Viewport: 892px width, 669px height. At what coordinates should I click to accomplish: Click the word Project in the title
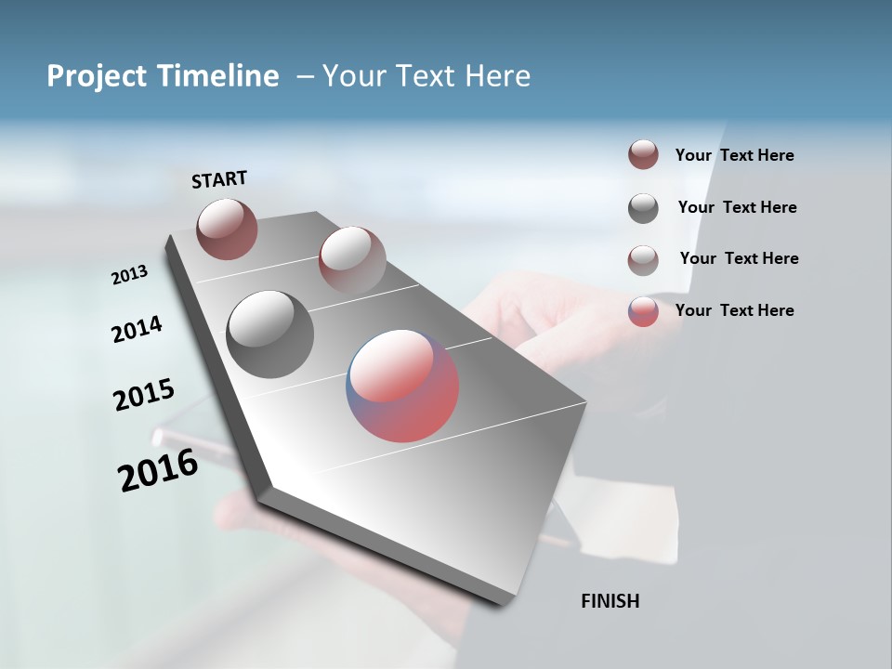[x=96, y=76]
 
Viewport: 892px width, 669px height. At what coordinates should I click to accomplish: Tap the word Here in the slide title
[x=497, y=76]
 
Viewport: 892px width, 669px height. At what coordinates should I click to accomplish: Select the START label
[x=219, y=179]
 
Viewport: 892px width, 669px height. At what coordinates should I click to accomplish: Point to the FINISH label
[x=610, y=601]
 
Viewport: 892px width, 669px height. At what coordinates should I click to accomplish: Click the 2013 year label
[x=129, y=275]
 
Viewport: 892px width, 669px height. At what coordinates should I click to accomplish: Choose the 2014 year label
[x=137, y=329]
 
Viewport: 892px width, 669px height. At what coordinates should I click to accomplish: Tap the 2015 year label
[x=143, y=395]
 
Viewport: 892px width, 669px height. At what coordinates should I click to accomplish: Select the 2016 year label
[x=157, y=470]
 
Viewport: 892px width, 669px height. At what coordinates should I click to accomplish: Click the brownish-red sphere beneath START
[x=227, y=229]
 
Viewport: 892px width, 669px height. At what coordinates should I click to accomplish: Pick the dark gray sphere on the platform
[x=270, y=334]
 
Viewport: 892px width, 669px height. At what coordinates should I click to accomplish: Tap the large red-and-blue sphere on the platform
[x=402, y=386]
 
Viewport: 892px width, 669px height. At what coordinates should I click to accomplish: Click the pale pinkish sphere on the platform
[x=352, y=260]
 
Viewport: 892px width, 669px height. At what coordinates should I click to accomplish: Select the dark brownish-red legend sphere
[x=643, y=155]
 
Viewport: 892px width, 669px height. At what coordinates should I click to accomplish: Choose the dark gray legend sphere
[x=643, y=208]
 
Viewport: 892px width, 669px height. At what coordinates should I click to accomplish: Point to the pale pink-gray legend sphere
[x=643, y=260]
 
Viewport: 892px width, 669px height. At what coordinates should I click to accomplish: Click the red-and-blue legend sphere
[x=643, y=311]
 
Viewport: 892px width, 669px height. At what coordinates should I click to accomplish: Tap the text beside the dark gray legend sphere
[x=737, y=207]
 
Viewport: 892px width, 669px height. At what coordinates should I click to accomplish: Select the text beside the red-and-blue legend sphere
[x=734, y=310]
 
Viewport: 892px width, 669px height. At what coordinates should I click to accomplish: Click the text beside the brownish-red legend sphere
[x=734, y=155]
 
